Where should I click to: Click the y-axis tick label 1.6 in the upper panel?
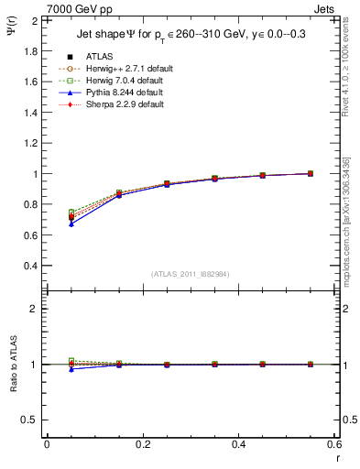[x=32, y=82]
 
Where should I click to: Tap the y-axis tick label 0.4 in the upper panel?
[x=32, y=267]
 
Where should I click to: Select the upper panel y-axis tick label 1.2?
[x=32, y=144]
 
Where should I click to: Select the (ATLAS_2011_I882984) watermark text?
[x=191, y=274]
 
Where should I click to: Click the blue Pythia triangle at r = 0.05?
[x=71, y=223]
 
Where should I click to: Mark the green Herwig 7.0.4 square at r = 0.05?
[x=71, y=212]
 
